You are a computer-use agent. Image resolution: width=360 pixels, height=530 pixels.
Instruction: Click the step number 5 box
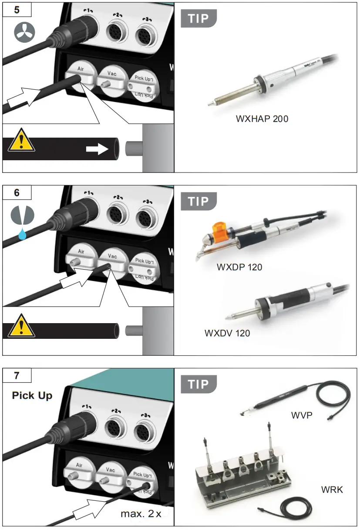point(17,10)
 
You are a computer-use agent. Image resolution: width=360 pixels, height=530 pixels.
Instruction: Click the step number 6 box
point(17,192)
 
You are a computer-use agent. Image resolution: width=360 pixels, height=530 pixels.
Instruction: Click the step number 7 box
point(17,375)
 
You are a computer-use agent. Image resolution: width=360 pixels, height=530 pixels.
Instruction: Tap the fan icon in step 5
point(24,33)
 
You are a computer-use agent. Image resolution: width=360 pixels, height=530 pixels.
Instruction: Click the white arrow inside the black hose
point(97,149)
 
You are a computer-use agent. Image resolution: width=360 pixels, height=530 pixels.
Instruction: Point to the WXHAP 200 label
point(262,118)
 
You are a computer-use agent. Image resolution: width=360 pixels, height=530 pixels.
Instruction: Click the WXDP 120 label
point(239,267)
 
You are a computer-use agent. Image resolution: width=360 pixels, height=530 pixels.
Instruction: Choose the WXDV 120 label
point(227,333)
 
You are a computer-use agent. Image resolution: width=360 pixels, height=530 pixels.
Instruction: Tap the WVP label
point(303,415)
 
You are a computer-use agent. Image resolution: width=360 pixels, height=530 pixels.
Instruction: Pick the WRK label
point(332,489)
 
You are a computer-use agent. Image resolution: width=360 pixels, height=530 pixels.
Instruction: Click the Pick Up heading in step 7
point(32,395)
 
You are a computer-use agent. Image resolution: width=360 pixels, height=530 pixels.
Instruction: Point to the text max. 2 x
point(141,514)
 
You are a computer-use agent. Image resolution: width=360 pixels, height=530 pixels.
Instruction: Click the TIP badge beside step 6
point(199,202)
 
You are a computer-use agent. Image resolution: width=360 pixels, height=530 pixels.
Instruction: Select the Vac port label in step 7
point(111,470)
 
